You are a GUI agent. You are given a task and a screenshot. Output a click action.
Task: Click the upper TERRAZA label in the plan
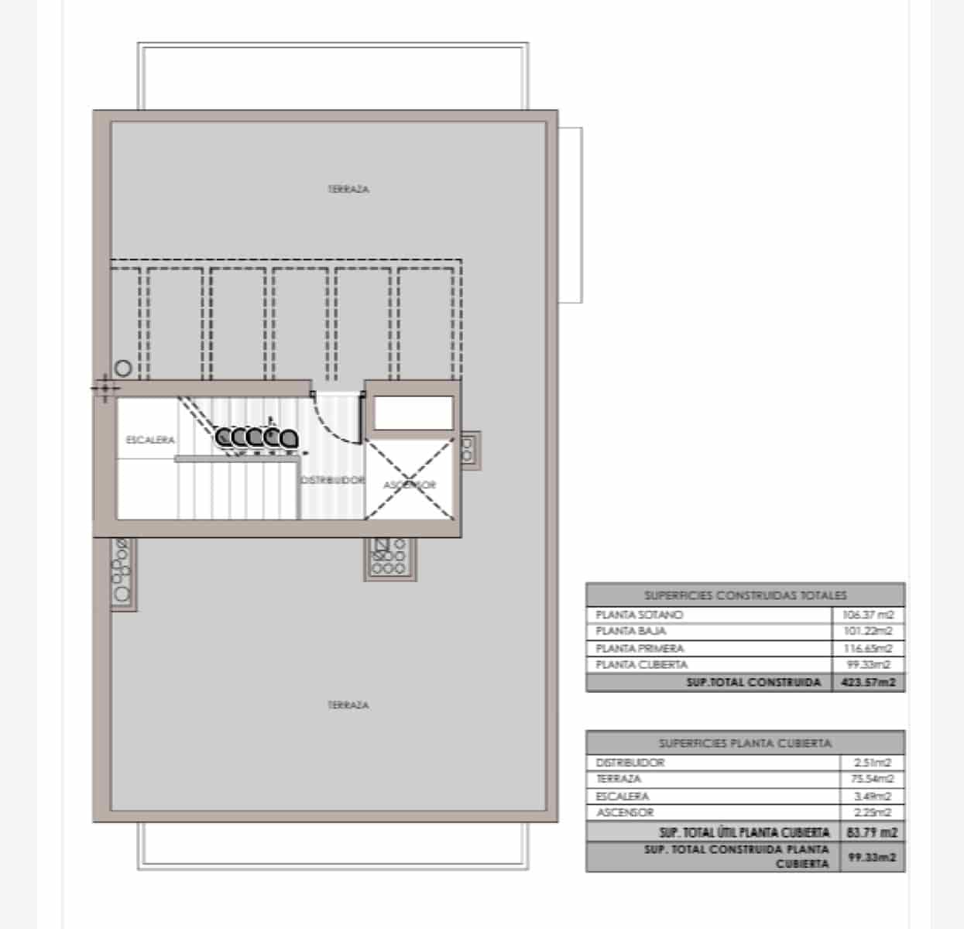pyautogui.click(x=348, y=189)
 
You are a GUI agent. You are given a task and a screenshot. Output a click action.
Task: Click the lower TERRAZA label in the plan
pyautogui.click(x=348, y=705)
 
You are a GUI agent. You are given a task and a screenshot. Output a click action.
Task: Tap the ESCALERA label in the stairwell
pyautogui.click(x=150, y=440)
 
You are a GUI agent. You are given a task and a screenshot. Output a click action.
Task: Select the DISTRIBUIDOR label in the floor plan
pyautogui.click(x=331, y=480)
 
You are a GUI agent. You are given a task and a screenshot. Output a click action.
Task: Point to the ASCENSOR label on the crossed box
pyautogui.click(x=410, y=485)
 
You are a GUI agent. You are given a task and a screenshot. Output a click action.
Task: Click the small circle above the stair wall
pyautogui.click(x=123, y=369)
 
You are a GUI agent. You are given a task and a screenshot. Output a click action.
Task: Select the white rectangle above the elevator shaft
pyautogui.click(x=413, y=412)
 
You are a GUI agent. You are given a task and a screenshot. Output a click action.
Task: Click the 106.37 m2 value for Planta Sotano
pyautogui.click(x=868, y=615)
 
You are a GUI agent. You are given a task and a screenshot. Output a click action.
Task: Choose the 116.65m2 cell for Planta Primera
pyautogui.click(x=868, y=648)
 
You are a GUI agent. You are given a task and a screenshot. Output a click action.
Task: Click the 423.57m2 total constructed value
pyautogui.click(x=868, y=683)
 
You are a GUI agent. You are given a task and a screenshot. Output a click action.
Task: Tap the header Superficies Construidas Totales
pyautogui.click(x=745, y=595)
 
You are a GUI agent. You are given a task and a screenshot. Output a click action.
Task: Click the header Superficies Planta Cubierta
pyautogui.click(x=745, y=743)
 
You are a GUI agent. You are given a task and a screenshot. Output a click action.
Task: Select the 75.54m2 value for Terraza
pyautogui.click(x=873, y=779)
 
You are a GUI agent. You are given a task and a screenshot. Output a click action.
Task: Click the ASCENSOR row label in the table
pyautogui.click(x=625, y=812)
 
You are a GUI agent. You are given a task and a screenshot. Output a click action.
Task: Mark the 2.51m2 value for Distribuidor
pyautogui.click(x=873, y=763)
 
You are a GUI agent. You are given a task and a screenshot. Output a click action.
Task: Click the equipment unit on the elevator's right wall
pyautogui.click(x=468, y=450)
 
